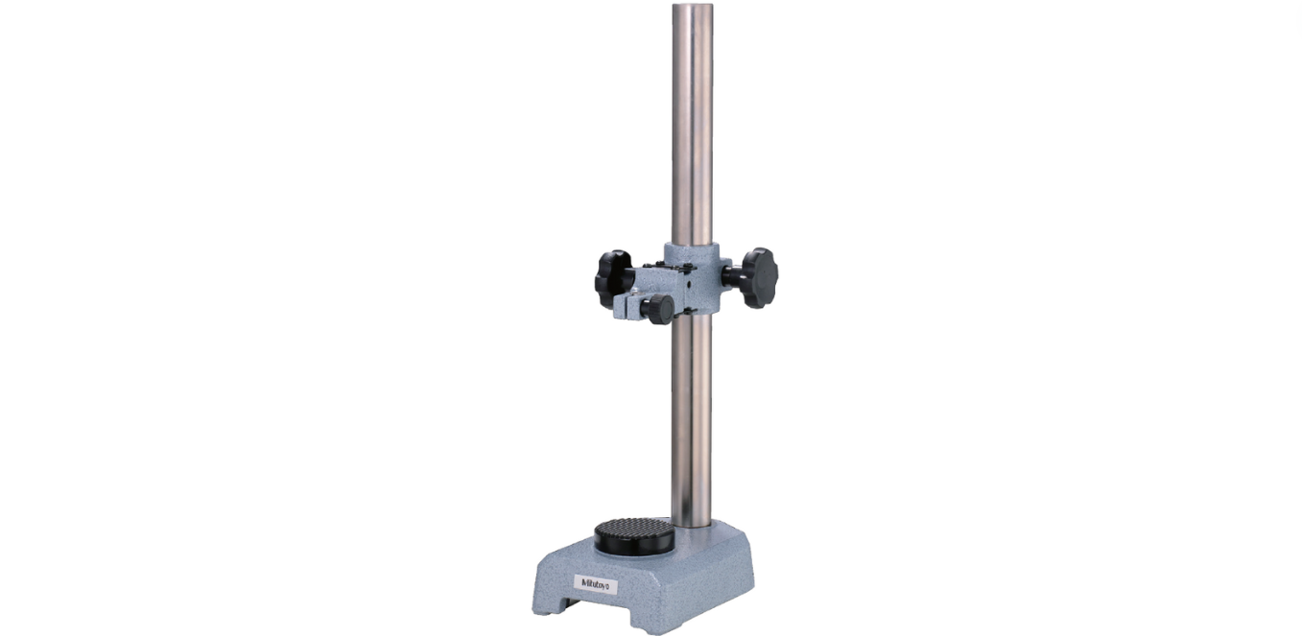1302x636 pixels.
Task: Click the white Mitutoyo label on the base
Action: [x=597, y=583]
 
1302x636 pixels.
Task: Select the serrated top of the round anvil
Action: [x=635, y=528]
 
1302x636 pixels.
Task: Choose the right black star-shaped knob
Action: [x=760, y=277]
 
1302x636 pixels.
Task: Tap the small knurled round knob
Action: [x=658, y=309]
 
